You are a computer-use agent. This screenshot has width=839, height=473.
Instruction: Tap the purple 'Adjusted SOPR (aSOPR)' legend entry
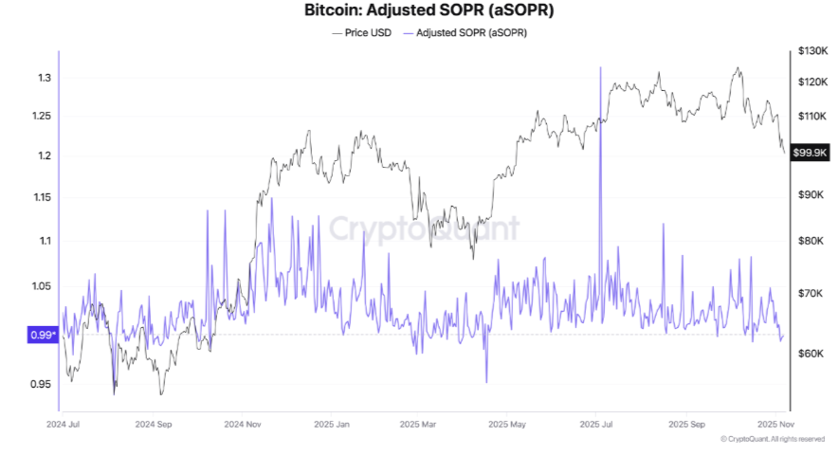[466, 32]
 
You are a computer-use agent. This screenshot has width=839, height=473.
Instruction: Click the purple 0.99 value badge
[44, 335]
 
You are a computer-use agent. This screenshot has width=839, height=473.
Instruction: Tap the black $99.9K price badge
[812, 152]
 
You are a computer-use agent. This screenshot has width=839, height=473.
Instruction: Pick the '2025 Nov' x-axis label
[775, 426]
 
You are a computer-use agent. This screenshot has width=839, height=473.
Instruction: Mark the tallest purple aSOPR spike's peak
[599, 68]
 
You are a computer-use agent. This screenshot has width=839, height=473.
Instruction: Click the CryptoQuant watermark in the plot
[424, 228]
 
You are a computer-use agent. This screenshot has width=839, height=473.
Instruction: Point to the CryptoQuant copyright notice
[772, 439]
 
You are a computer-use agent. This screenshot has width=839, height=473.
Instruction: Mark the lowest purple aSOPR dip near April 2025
[486, 382]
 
